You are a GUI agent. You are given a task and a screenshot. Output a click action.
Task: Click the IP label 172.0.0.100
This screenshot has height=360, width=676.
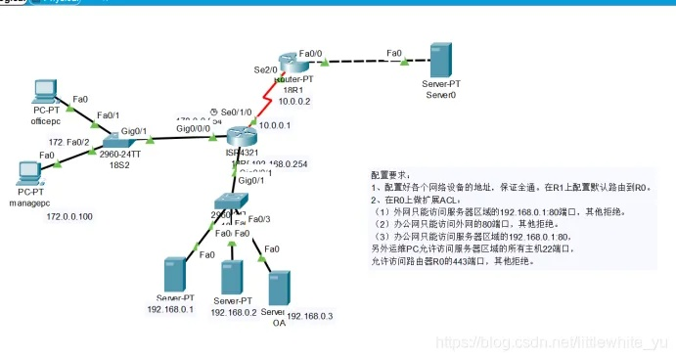tap(69, 216)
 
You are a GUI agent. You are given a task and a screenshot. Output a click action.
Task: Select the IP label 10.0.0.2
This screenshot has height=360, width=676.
tap(293, 100)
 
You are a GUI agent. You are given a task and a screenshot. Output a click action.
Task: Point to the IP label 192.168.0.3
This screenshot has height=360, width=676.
tap(310, 316)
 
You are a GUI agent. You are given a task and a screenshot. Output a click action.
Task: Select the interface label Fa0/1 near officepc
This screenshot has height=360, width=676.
tap(107, 116)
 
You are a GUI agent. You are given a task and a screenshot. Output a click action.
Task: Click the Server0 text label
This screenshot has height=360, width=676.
tap(441, 96)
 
